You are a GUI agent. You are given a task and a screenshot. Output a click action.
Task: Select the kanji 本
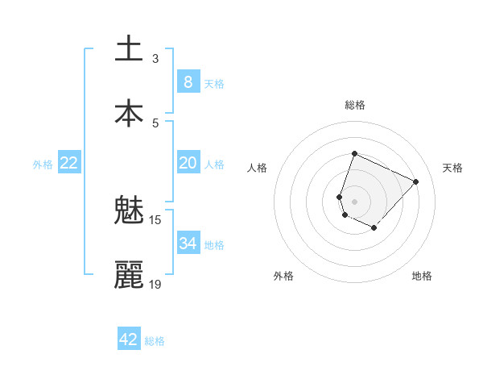click(129, 113)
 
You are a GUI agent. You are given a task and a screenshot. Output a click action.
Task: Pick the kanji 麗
click(129, 275)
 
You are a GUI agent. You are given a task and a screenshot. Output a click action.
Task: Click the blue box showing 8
click(188, 82)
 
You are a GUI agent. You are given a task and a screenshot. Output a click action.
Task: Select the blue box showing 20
click(188, 163)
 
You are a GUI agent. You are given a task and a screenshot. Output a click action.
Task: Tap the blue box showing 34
click(188, 244)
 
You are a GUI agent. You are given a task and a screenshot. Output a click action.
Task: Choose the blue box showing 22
click(69, 163)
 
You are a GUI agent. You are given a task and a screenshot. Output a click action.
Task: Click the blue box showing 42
click(129, 339)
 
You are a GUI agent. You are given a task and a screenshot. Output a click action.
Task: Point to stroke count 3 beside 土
click(155, 58)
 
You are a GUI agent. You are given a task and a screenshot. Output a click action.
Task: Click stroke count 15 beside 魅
click(155, 219)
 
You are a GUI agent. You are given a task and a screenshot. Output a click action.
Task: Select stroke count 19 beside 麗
click(155, 284)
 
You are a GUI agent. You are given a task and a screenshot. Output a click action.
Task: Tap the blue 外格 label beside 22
click(43, 165)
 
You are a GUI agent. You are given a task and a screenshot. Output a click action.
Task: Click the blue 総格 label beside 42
click(155, 341)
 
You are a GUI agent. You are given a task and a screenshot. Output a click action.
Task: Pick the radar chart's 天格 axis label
click(452, 168)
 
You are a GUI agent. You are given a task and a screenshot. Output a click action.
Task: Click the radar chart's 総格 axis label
click(355, 105)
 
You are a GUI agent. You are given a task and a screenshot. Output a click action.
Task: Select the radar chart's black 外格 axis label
click(283, 276)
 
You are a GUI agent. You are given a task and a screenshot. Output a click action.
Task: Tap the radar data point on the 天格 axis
click(415, 181)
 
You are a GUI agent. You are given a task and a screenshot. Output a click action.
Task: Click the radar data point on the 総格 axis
click(354, 154)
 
